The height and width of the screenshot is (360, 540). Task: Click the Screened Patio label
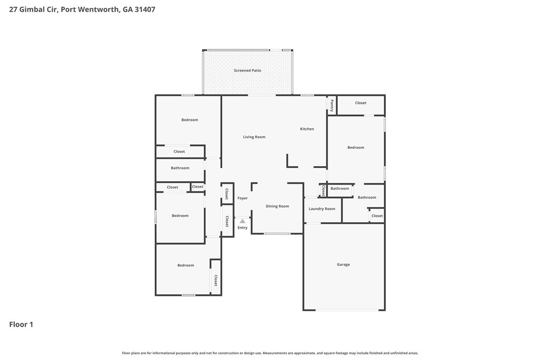[247, 71]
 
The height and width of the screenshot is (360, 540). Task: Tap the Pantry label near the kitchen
[332, 105]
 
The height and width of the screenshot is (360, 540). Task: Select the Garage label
[344, 265]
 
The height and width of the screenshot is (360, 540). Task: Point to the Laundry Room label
[322, 209]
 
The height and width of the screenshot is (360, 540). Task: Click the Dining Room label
[277, 206]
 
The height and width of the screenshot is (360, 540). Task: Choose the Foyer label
[243, 198]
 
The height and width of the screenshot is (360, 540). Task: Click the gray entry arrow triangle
[243, 221]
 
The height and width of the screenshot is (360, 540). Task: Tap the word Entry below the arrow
[243, 228]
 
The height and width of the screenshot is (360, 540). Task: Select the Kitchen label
[307, 129]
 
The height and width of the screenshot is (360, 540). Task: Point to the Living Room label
[254, 137]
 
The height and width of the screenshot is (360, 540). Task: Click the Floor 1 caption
[21, 325]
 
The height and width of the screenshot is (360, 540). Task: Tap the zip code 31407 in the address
[145, 9]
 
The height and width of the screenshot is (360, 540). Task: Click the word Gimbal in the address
[32, 9]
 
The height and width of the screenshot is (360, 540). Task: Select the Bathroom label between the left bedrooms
[180, 168]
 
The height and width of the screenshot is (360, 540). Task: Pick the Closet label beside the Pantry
[360, 103]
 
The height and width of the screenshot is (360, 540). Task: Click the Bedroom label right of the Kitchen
[356, 148]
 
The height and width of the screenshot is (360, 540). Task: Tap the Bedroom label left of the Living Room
[190, 120]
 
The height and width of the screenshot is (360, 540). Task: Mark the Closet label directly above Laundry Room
[323, 190]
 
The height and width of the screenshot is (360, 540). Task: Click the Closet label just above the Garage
[377, 216]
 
